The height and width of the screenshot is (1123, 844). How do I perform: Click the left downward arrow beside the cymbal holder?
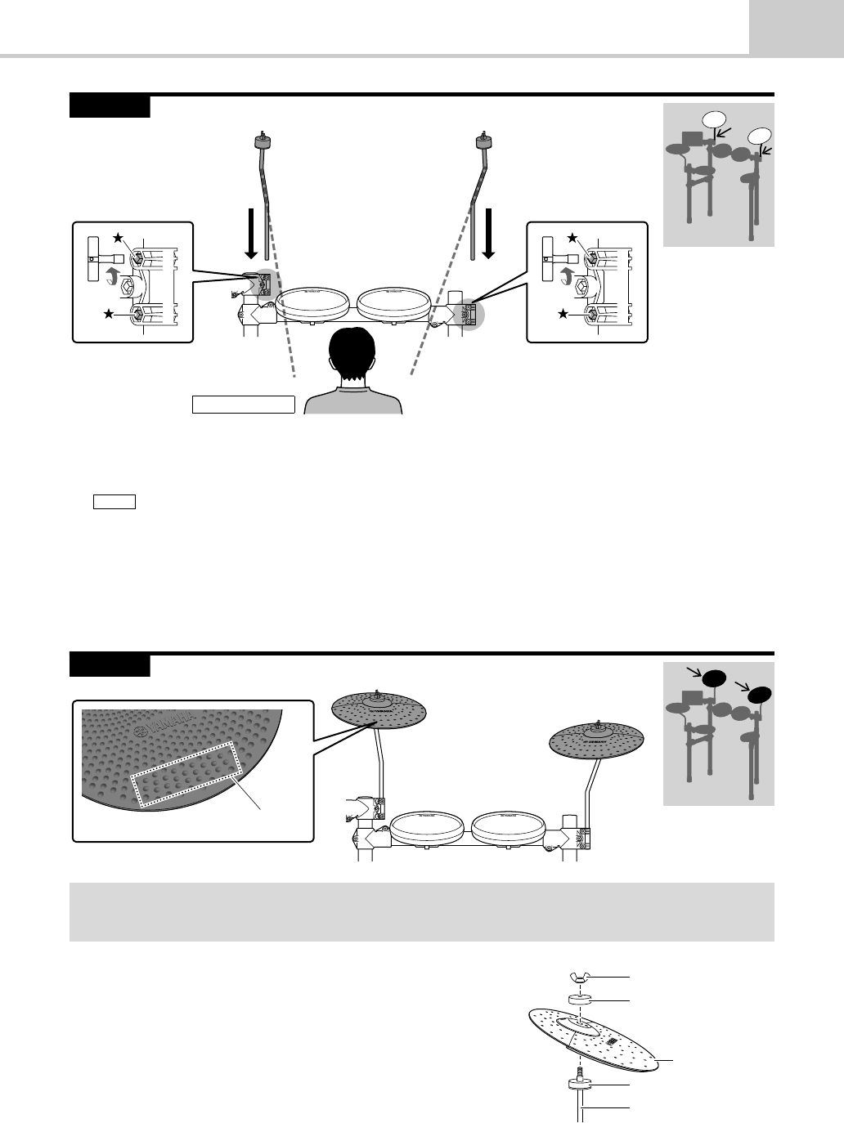[252, 234]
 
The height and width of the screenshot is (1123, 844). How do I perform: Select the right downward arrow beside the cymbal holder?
[488, 234]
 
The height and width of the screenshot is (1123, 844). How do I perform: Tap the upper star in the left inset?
[119, 238]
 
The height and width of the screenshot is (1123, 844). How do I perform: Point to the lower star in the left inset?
[108, 315]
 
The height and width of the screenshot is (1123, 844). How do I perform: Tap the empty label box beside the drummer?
[243, 404]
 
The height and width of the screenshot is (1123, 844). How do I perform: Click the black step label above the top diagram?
[110, 106]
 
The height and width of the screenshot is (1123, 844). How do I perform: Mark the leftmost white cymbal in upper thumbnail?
[714, 119]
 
